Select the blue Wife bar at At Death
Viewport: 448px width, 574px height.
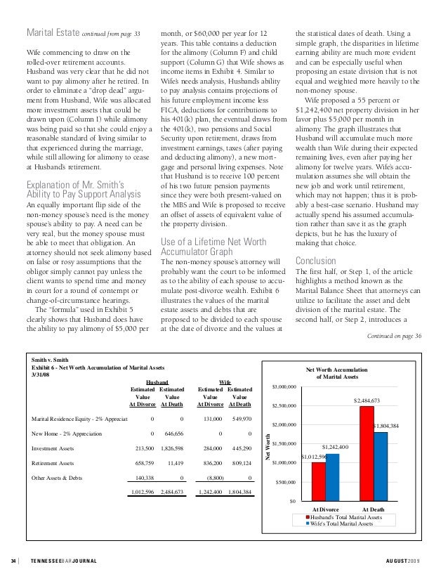tap(380, 466)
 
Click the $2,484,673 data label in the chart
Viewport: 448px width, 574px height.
tap(366, 400)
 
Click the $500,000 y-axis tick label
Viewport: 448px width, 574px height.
tap(286, 482)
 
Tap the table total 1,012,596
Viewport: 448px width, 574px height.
tap(141, 492)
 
